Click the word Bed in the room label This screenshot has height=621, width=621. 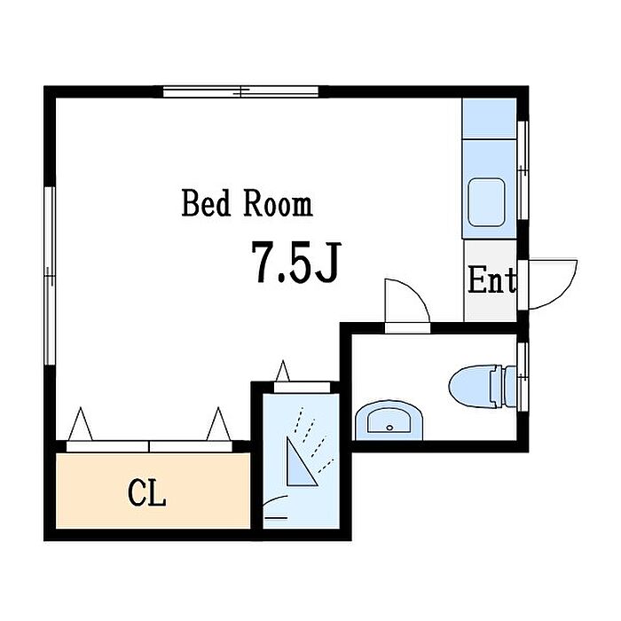point(206,203)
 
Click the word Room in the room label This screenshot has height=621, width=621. point(278,203)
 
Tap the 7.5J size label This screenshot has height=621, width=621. point(295,262)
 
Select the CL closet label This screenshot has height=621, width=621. point(146,492)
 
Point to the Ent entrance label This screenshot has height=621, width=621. point(491,280)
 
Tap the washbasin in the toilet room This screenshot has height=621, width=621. point(389,421)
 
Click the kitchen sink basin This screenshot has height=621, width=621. point(487,202)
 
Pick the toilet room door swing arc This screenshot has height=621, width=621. point(416,293)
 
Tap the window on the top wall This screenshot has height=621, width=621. point(241,92)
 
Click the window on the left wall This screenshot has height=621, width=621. point(50,276)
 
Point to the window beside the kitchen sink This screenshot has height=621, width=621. point(523,170)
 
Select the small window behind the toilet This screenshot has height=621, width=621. point(523,377)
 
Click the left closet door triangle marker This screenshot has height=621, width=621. point(81,424)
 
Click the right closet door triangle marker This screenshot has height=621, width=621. point(218,424)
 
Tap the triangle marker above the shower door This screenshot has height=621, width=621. point(283,371)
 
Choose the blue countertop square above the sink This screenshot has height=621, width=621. point(490,118)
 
